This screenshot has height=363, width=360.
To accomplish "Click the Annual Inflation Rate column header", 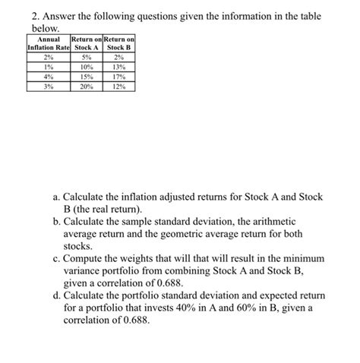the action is click(x=48, y=44).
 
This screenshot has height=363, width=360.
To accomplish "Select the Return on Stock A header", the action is click(x=88, y=44).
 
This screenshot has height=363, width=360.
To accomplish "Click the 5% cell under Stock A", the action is click(x=88, y=57).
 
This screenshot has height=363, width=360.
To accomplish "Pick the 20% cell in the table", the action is click(x=88, y=87).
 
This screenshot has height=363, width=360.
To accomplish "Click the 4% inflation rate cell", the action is click(x=48, y=77).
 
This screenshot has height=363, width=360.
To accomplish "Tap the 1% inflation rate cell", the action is click(x=48, y=67).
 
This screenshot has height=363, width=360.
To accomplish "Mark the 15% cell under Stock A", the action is click(x=88, y=77).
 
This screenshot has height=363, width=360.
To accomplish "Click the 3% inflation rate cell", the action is click(x=48, y=87).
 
